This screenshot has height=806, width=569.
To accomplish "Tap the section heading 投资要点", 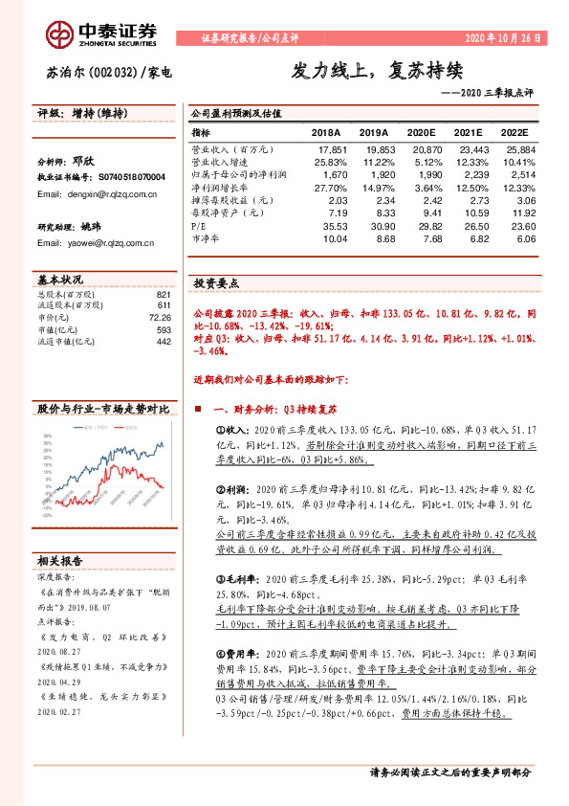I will point(216,284).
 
